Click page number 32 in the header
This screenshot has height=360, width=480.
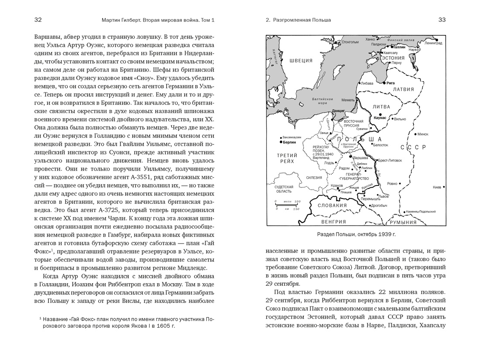pos(38,20)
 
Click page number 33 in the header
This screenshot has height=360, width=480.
pos(442,20)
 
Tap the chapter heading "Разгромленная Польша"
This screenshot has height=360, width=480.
pos(302,20)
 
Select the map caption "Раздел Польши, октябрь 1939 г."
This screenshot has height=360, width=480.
pos(356,234)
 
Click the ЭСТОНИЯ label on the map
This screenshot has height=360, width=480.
pos(393,58)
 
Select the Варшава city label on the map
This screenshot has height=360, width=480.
pos(360,157)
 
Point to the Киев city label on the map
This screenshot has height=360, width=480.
pos(437,188)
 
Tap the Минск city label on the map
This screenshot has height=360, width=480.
pos(423,134)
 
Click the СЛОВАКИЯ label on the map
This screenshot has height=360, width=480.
pos(332,206)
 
